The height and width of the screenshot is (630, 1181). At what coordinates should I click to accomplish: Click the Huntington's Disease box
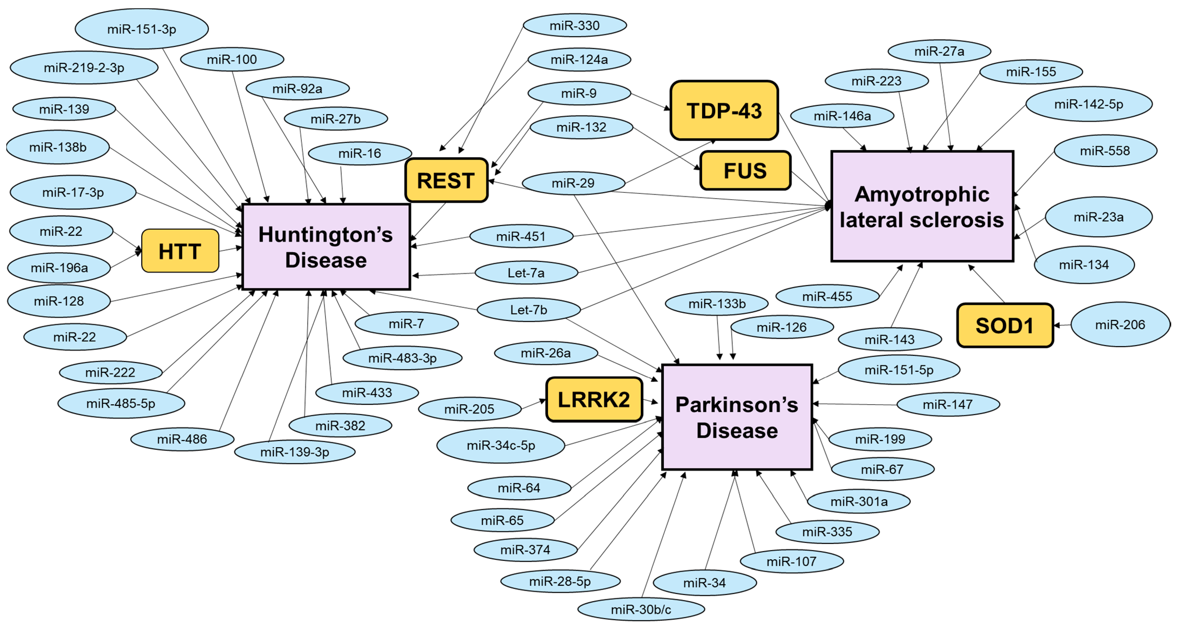tap(326, 247)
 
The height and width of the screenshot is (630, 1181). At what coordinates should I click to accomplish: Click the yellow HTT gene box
tap(180, 251)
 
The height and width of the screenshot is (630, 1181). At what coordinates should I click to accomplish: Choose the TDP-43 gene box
tap(724, 111)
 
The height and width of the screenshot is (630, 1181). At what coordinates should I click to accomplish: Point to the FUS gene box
tap(745, 170)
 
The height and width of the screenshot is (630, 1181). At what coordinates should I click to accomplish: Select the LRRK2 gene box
tap(594, 400)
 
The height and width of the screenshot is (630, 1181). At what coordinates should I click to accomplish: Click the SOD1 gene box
tap(1005, 326)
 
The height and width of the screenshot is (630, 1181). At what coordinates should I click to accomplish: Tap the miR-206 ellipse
tap(1120, 324)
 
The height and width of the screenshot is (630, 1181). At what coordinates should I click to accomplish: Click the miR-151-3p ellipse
tap(142, 29)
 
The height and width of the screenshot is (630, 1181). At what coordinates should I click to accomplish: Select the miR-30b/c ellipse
tap(641, 609)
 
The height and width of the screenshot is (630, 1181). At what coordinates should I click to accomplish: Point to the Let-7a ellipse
tap(526, 273)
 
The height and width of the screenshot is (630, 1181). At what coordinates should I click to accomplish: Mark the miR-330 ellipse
tap(575, 25)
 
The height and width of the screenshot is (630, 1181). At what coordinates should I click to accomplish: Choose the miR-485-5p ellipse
tap(121, 403)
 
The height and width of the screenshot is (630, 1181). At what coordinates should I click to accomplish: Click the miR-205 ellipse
tap(469, 409)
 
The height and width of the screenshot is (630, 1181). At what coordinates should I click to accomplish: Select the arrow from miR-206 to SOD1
tap(1062, 325)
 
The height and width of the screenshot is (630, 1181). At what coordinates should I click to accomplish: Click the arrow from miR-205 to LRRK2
tap(534, 404)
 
